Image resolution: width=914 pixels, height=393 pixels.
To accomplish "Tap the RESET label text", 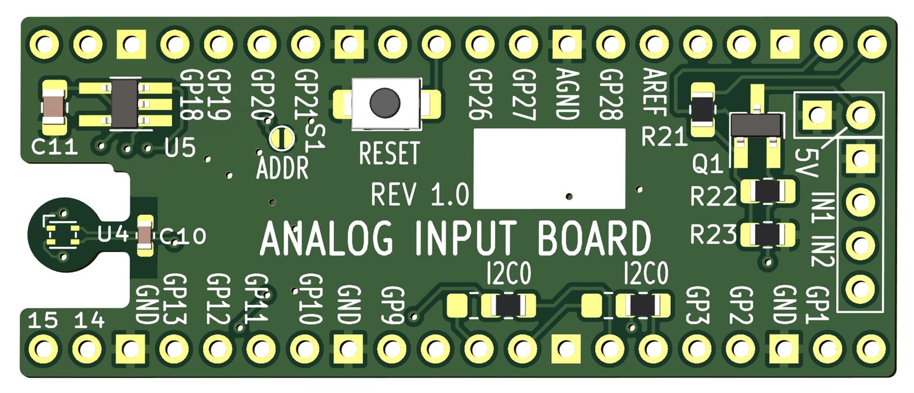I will pos(389,154).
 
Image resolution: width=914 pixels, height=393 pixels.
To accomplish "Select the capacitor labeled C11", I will pos(55,105).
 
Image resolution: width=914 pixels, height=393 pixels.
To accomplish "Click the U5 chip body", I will pos(125,103).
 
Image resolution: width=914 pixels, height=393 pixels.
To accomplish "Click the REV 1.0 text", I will pos(420,195).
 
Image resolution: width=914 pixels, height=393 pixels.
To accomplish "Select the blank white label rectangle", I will pos(549,168).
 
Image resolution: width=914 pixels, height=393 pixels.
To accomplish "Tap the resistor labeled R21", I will pos(702,110).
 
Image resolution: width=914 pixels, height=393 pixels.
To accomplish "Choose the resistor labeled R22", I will pos(767,192).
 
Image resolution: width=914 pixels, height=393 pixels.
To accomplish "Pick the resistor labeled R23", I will pos(767,234).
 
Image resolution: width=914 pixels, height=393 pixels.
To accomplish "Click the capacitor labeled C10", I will pos(145,236).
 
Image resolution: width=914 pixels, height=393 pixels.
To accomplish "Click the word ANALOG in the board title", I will pos(326,238).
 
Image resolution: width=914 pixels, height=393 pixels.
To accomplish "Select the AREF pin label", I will pos(653,92).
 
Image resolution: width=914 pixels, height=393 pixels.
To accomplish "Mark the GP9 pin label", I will pos(392,305).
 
